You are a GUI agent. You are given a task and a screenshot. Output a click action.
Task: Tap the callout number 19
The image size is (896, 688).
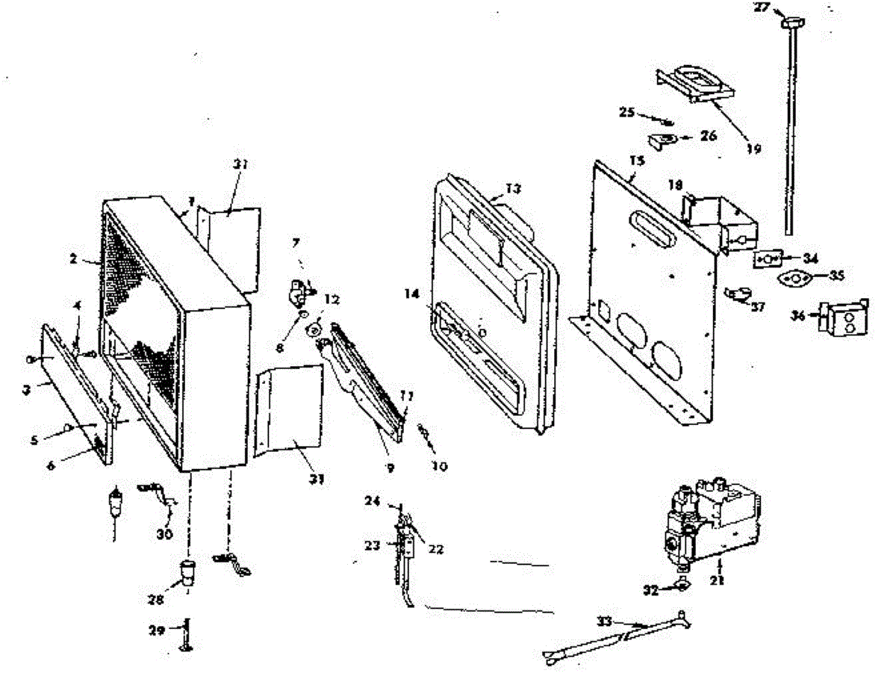[753, 149]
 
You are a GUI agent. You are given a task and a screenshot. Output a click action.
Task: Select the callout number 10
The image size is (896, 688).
[440, 467]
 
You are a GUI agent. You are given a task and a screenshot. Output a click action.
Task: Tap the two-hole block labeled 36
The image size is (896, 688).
[844, 320]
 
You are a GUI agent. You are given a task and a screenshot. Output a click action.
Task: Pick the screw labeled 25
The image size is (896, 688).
[662, 120]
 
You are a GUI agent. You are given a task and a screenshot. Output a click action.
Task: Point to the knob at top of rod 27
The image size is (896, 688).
[788, 25]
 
